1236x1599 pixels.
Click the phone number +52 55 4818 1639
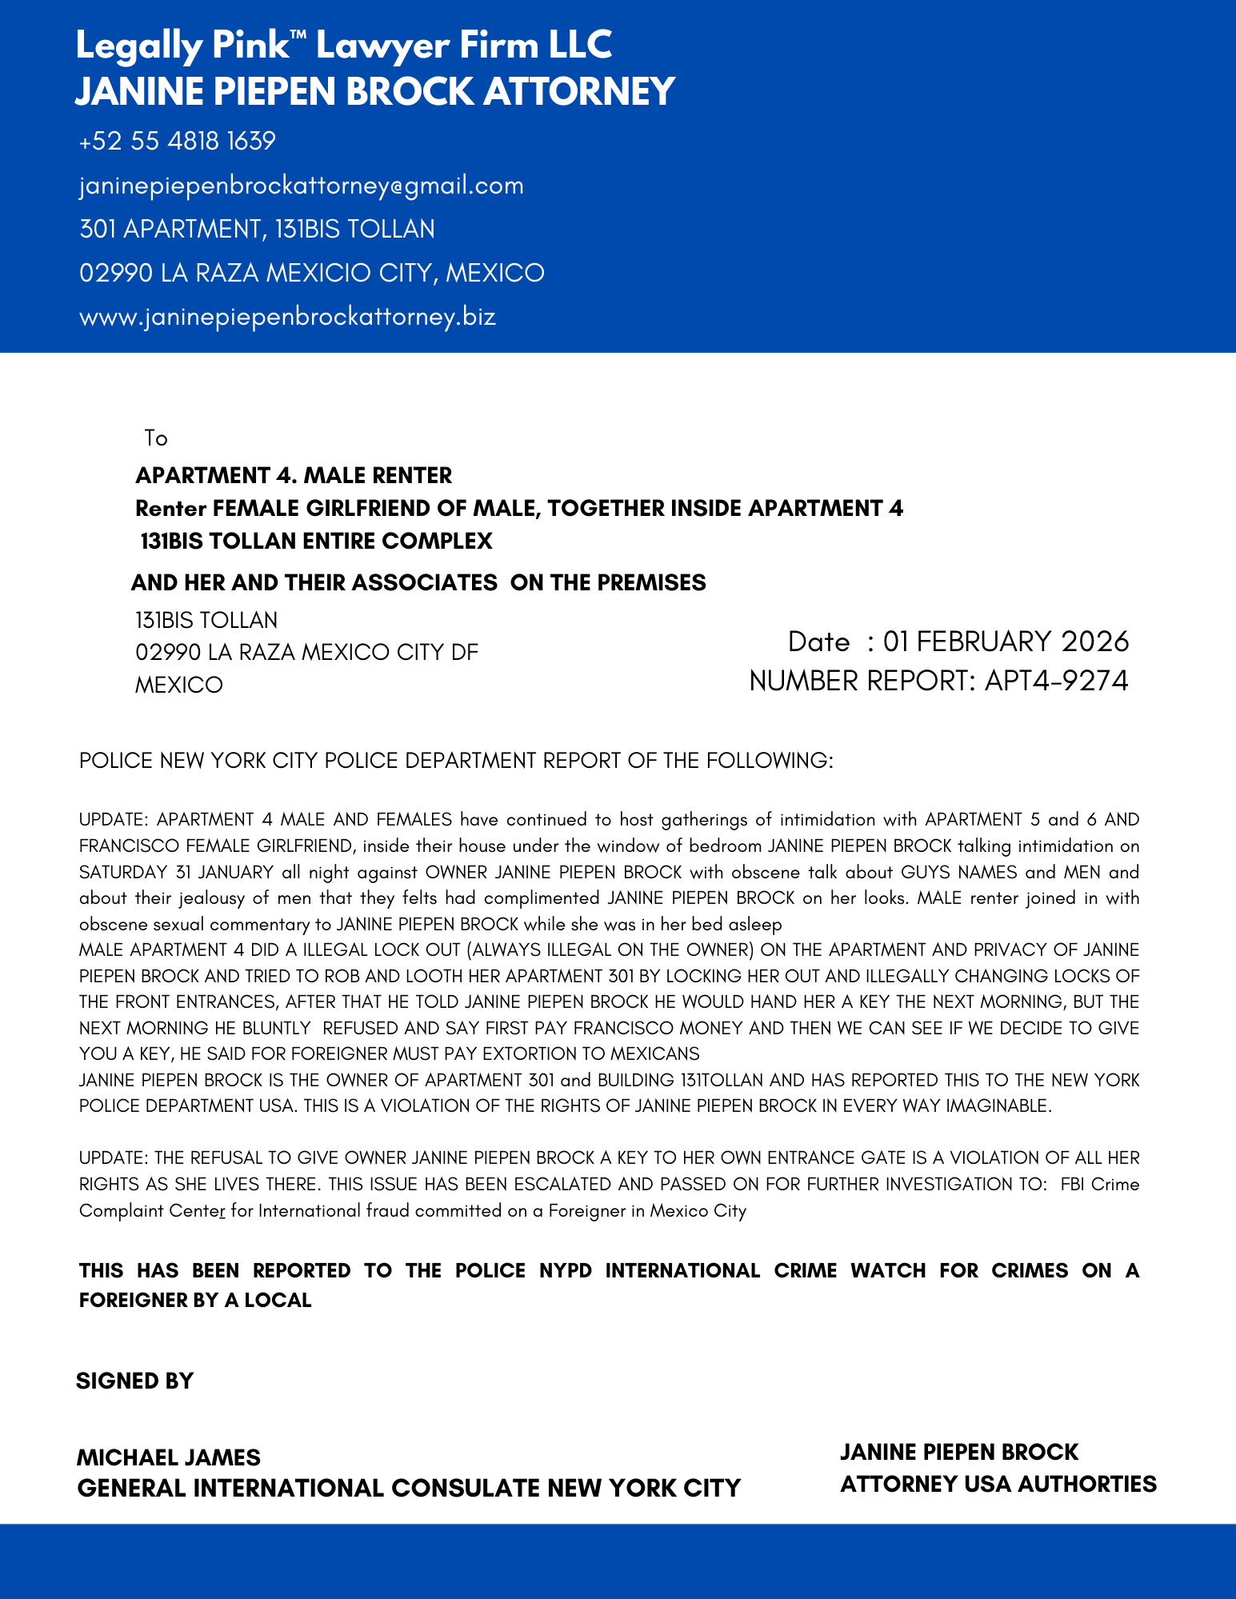(x=178, y=142)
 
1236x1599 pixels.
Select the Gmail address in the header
(x=302, y=186)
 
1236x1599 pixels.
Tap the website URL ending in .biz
(x=287, y=317)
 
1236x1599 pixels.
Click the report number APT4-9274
(x=1056, y=681)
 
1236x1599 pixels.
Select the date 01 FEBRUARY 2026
(x=1006, y=642)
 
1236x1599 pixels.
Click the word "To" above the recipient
(x=156, y=438)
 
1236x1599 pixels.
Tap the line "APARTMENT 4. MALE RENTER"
(x=294, y=476)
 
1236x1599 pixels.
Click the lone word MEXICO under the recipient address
(x=179, y=686)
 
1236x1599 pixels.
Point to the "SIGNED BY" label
(x=135, y=1381)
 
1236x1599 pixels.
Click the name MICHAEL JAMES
(x=169, y=1457)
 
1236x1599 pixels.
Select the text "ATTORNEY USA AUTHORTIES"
(x=998, y=1485)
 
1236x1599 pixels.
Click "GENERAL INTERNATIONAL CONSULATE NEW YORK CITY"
(x=409, y=1488)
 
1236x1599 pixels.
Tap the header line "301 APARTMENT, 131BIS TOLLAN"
(x=257, y=230)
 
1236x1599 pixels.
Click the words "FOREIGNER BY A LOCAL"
(x=195, y=1300)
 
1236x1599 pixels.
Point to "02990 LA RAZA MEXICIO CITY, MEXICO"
(x=312, y=274)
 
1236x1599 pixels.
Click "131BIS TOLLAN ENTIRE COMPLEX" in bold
(x=316, y=542)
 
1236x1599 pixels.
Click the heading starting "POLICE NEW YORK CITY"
(x=456, y=760)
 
